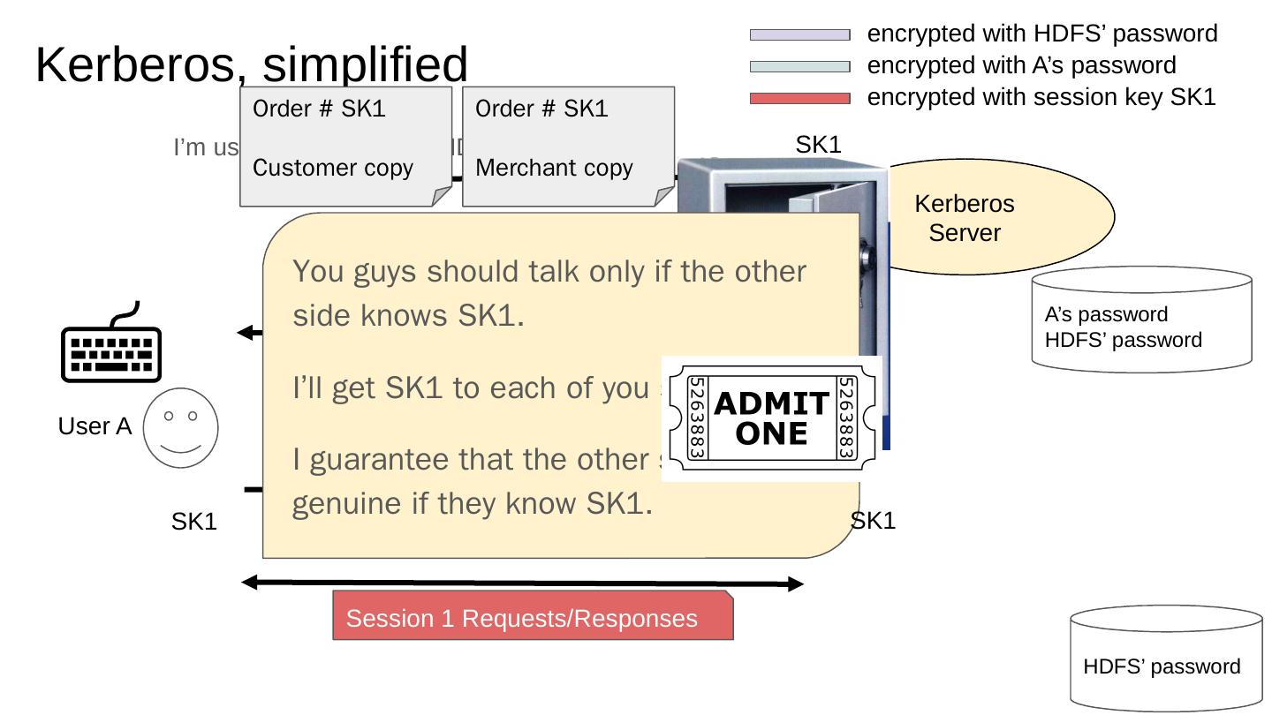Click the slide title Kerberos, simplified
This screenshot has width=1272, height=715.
tap(252, 64)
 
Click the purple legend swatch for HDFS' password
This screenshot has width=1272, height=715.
tap(799, 34)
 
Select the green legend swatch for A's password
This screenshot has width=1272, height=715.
tap(799, 66)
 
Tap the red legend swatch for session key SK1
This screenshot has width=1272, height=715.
tap(799, 98)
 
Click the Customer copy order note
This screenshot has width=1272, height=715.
tap(345, 146)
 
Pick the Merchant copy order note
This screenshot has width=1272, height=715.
tap(568, 146)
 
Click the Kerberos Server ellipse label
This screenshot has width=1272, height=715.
tap(964, 218)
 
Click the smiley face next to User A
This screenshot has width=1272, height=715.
tap(180, 427)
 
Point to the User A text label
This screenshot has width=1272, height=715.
tap(95, 426)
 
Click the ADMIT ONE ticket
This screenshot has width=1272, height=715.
tap(771, 418)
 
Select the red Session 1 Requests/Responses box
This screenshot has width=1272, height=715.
tap(533, 615)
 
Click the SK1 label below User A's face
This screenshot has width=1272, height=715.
tap(194, 522)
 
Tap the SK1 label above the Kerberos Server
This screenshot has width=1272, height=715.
tap(818, 145)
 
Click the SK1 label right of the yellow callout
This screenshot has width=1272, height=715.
tap(874, 521)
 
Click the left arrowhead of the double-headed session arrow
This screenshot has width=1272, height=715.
tap(249, 582)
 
